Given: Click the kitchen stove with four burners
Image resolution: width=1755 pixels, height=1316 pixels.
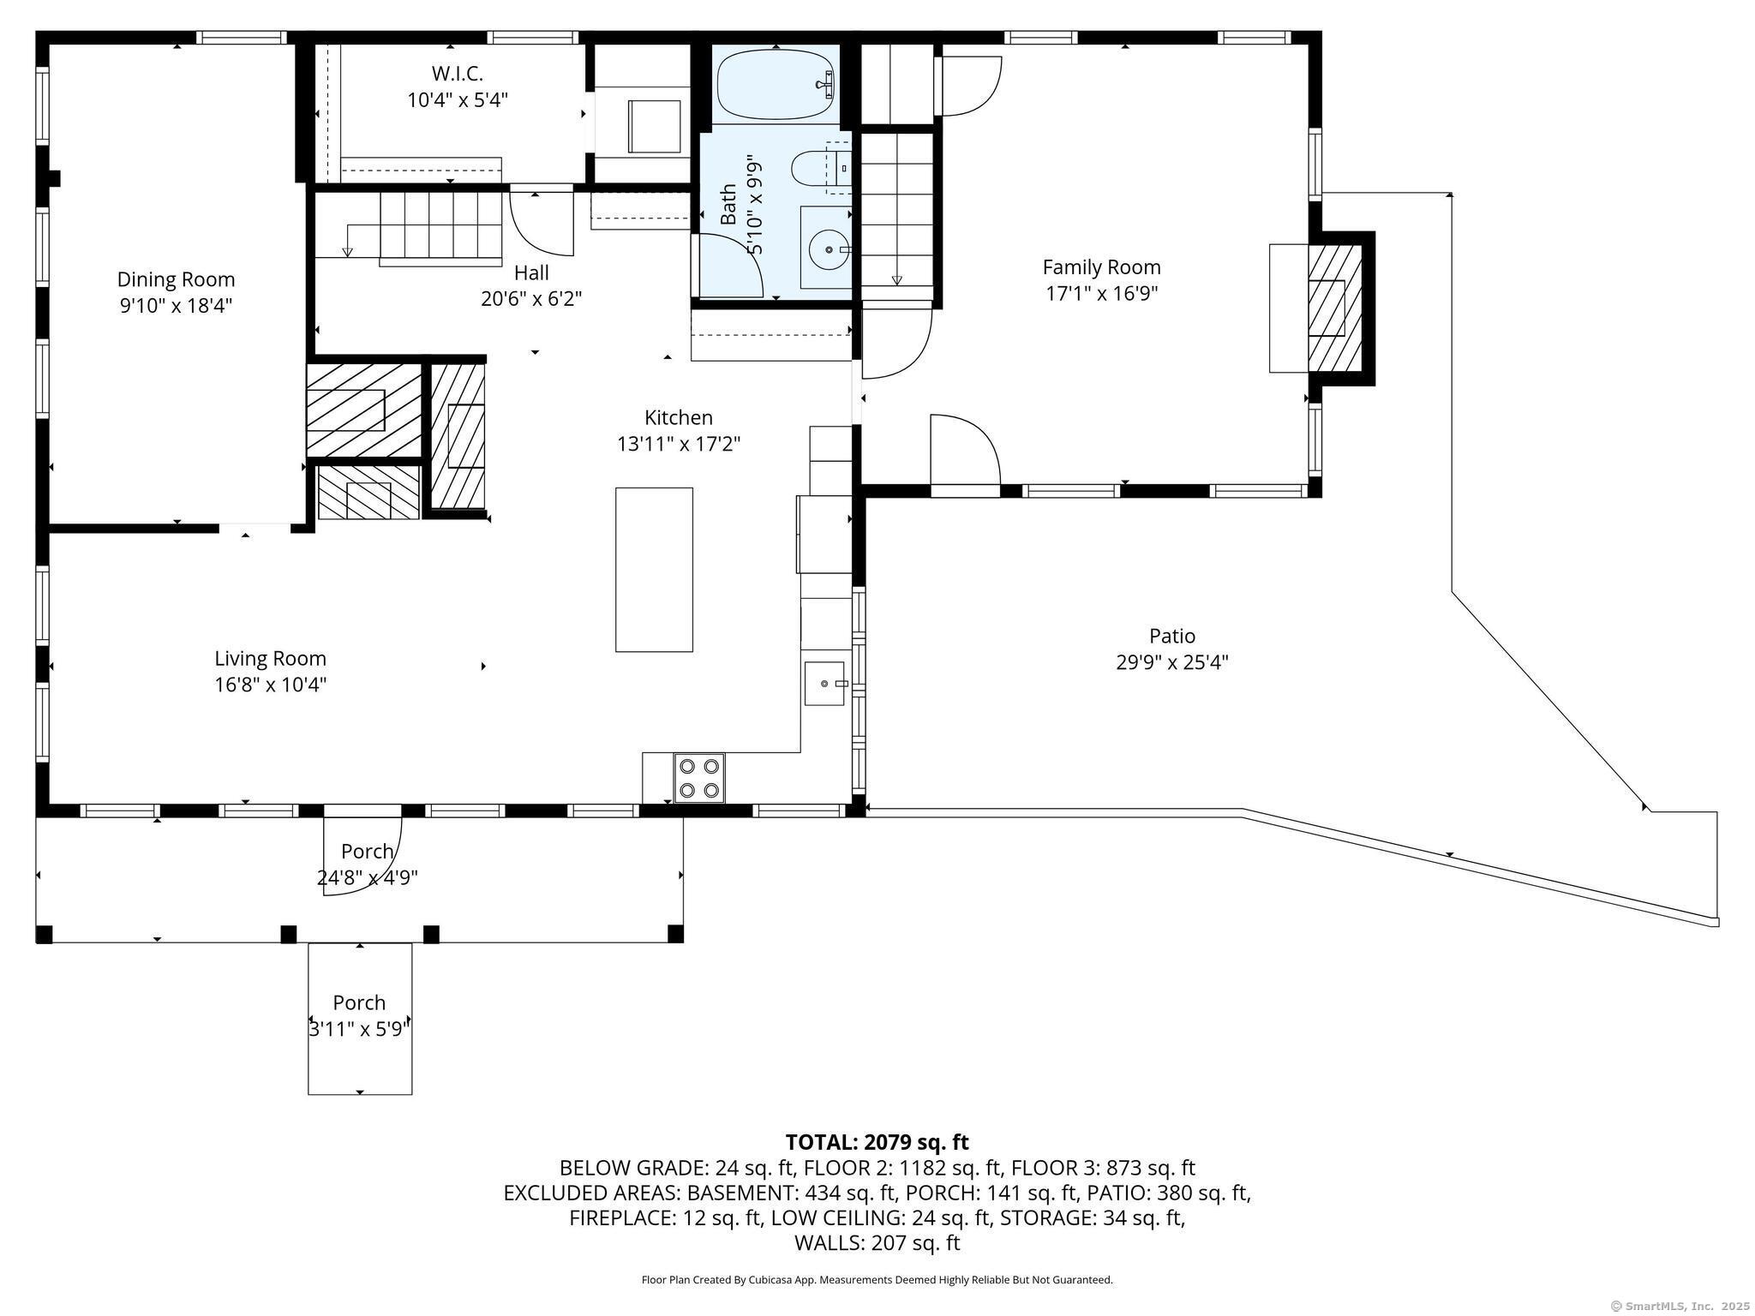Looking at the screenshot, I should point(698,778).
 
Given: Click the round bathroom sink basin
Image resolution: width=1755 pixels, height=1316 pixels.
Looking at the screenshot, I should point(827,248).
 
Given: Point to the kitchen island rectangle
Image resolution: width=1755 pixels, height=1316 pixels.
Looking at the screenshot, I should point(654,570).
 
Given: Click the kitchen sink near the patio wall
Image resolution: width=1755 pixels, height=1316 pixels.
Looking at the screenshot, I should point(824,684).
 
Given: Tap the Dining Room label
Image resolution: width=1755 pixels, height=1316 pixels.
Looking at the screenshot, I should point(176,279).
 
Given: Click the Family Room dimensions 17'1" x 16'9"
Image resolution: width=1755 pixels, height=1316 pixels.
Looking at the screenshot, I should point(1101,294).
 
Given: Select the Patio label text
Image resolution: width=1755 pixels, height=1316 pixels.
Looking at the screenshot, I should point(1171,636).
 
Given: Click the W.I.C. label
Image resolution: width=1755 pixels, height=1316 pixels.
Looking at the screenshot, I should point(457,74).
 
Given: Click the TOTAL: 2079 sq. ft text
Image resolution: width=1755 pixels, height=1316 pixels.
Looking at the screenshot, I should point(877,1142).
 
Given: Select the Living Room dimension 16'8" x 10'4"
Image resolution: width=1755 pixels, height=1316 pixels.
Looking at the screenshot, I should point(270,685).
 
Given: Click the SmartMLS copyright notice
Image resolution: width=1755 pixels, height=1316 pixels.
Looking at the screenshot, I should point(1680,1306).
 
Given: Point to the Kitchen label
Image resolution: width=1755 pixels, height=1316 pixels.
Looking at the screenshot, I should point(678,417).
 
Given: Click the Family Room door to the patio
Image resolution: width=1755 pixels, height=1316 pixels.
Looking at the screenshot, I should point(965,454).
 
